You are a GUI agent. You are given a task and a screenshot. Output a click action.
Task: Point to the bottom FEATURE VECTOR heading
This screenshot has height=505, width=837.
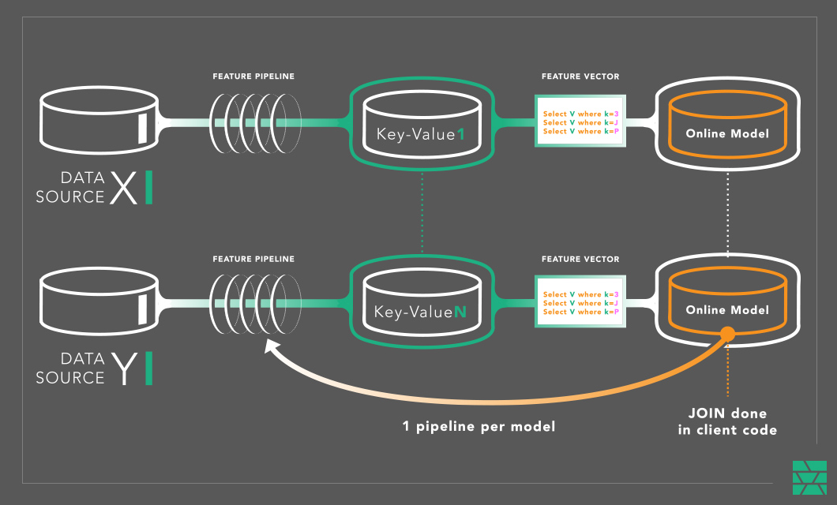(x=580, y=259)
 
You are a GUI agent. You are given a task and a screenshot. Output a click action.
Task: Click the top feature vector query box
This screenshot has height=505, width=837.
(x=580, y=122)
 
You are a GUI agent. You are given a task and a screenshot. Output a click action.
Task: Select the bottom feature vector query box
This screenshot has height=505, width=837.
(x=580, y=302)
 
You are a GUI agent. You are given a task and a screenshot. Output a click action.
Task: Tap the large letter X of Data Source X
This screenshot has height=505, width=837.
(x=123, y=189)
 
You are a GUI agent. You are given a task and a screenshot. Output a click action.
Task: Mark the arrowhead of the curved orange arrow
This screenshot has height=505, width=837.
(x=271, y=347)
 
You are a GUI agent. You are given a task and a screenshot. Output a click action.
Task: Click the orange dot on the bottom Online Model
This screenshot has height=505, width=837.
(x=727, y=335)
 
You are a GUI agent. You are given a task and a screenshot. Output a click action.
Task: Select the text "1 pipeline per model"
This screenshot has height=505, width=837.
(x=479, y=426)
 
